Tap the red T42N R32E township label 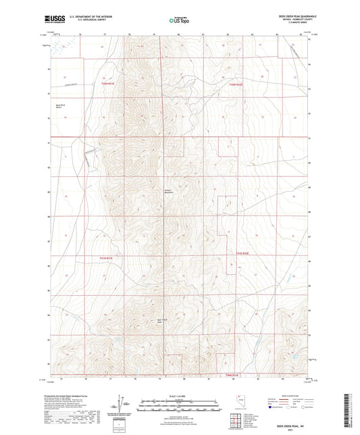[x=237, y=82]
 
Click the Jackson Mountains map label [x=171, y=191]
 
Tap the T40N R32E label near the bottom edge [x=232, y=375]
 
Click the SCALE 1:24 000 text [x=180, y=396]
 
